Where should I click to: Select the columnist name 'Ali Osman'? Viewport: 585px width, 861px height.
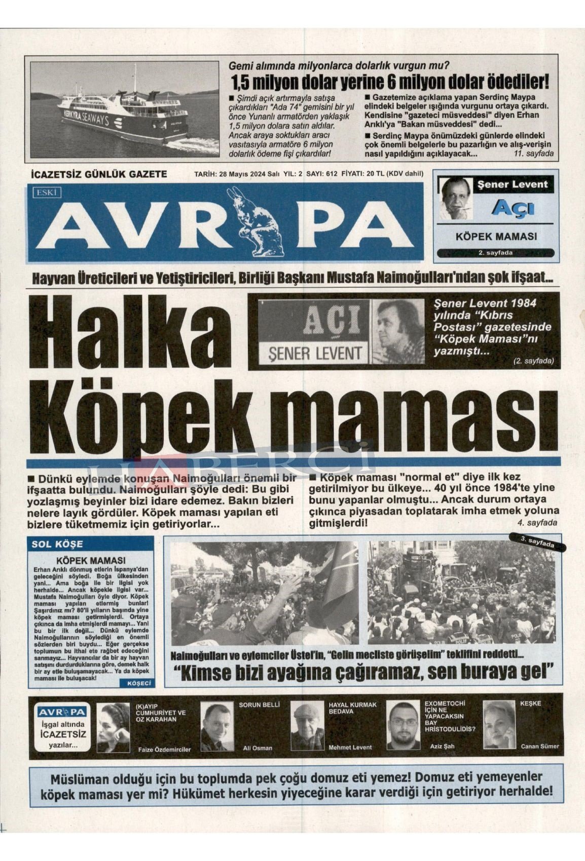point(258,748)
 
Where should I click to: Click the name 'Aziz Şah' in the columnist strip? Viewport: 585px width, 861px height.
point(442,746)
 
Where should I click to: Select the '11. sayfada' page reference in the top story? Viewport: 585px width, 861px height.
point(533,153)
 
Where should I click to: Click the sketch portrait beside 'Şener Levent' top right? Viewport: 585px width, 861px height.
point(454,198)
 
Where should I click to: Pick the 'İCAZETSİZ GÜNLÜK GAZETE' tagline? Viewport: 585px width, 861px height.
point(99,174)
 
